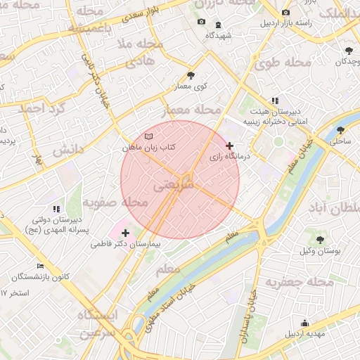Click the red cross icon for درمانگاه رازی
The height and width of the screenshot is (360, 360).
tap(229, 146)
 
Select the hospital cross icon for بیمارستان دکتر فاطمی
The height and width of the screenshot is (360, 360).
tap(125, 232)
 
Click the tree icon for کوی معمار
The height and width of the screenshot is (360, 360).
tap(191, 75)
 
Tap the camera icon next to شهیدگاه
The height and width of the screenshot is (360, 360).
tap(201, 22)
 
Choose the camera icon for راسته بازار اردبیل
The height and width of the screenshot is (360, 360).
tap(285, 13)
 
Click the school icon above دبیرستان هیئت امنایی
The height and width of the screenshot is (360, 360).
tap(274, 101)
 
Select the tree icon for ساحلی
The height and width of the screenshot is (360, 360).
tap(340, 130)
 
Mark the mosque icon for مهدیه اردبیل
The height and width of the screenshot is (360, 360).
tap(304, 323)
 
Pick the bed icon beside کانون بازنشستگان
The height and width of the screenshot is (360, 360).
tap(40, 266)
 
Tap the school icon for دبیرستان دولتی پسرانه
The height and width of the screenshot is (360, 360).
tap(56, 208)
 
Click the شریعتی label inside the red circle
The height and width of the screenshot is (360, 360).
tap(172, 186)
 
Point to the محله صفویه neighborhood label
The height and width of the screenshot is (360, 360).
tap(115, 202)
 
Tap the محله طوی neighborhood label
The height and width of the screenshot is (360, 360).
tap(283, 63)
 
